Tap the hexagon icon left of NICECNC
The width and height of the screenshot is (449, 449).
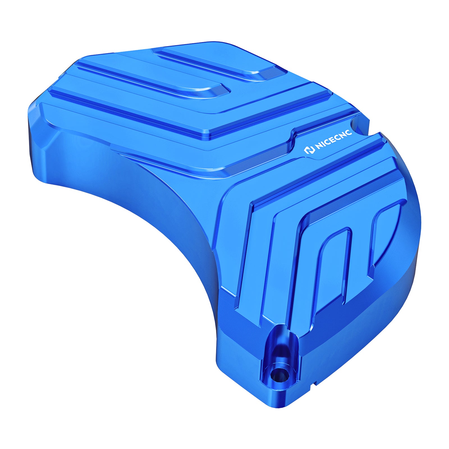tap(308, 150)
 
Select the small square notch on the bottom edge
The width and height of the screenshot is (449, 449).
tap(315, 383)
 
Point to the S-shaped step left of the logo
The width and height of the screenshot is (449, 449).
tap(292, 138)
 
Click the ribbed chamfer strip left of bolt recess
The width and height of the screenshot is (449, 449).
tap(241, 317)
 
